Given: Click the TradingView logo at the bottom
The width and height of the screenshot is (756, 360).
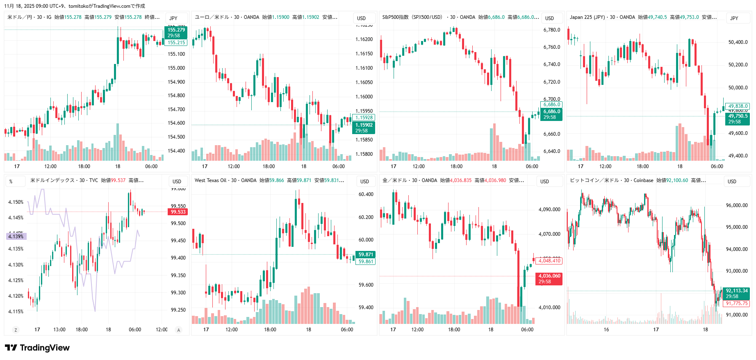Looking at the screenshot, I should click(37, 348).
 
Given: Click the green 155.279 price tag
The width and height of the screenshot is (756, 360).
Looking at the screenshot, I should click(176, 30).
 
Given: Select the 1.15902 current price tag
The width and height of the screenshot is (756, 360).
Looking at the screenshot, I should click(364, 125).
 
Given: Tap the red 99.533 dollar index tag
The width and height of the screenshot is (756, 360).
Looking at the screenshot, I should click(178, 212).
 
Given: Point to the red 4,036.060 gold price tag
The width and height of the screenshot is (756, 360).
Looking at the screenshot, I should click(549, 276).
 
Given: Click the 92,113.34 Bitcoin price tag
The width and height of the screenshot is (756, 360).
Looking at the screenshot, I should click(736, 291).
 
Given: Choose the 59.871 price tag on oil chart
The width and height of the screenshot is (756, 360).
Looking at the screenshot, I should click(366, 255).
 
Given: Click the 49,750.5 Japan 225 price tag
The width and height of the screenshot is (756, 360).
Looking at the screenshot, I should click(738, 116).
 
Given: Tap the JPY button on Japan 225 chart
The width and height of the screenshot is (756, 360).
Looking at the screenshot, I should click(734, 18).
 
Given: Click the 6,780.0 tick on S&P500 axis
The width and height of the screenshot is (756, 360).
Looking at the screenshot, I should click(551, 30).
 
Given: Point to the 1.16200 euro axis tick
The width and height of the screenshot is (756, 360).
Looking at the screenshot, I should click(364, 39).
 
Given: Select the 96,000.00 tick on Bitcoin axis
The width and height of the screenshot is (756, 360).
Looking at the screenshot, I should click(736, 205).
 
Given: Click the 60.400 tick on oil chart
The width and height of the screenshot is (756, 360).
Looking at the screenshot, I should click(366, 194).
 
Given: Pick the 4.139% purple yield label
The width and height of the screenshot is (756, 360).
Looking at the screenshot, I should click(16, 237).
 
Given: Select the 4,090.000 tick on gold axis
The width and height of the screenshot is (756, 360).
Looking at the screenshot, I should click(549, 210).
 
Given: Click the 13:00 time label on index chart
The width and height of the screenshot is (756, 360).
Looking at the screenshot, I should click(59, 330).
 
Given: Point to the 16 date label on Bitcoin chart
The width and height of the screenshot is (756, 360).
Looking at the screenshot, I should click(606, 330).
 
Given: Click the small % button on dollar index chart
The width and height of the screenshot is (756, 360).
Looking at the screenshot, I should click(11, 181).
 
